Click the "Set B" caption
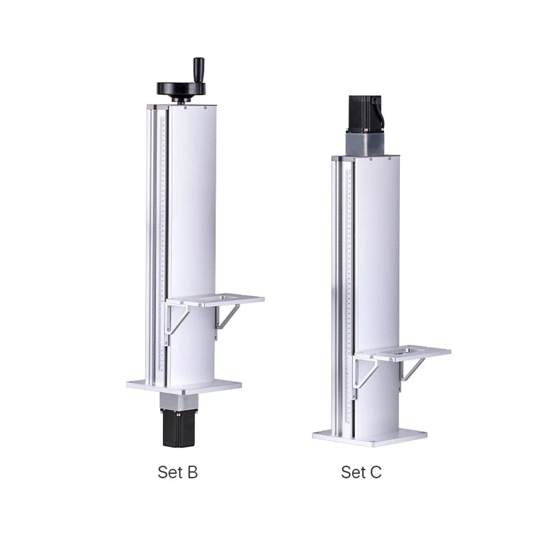[x=178, y=472]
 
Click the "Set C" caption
[x=361, y=472]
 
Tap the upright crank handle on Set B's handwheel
[x=199, y=71]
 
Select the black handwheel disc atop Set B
[x=181, y=89]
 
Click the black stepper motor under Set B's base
[x=179, y=428]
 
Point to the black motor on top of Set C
[x=365, y=113]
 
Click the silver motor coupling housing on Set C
[x=364, y=144]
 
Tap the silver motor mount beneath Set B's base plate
[x=179, y=401]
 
